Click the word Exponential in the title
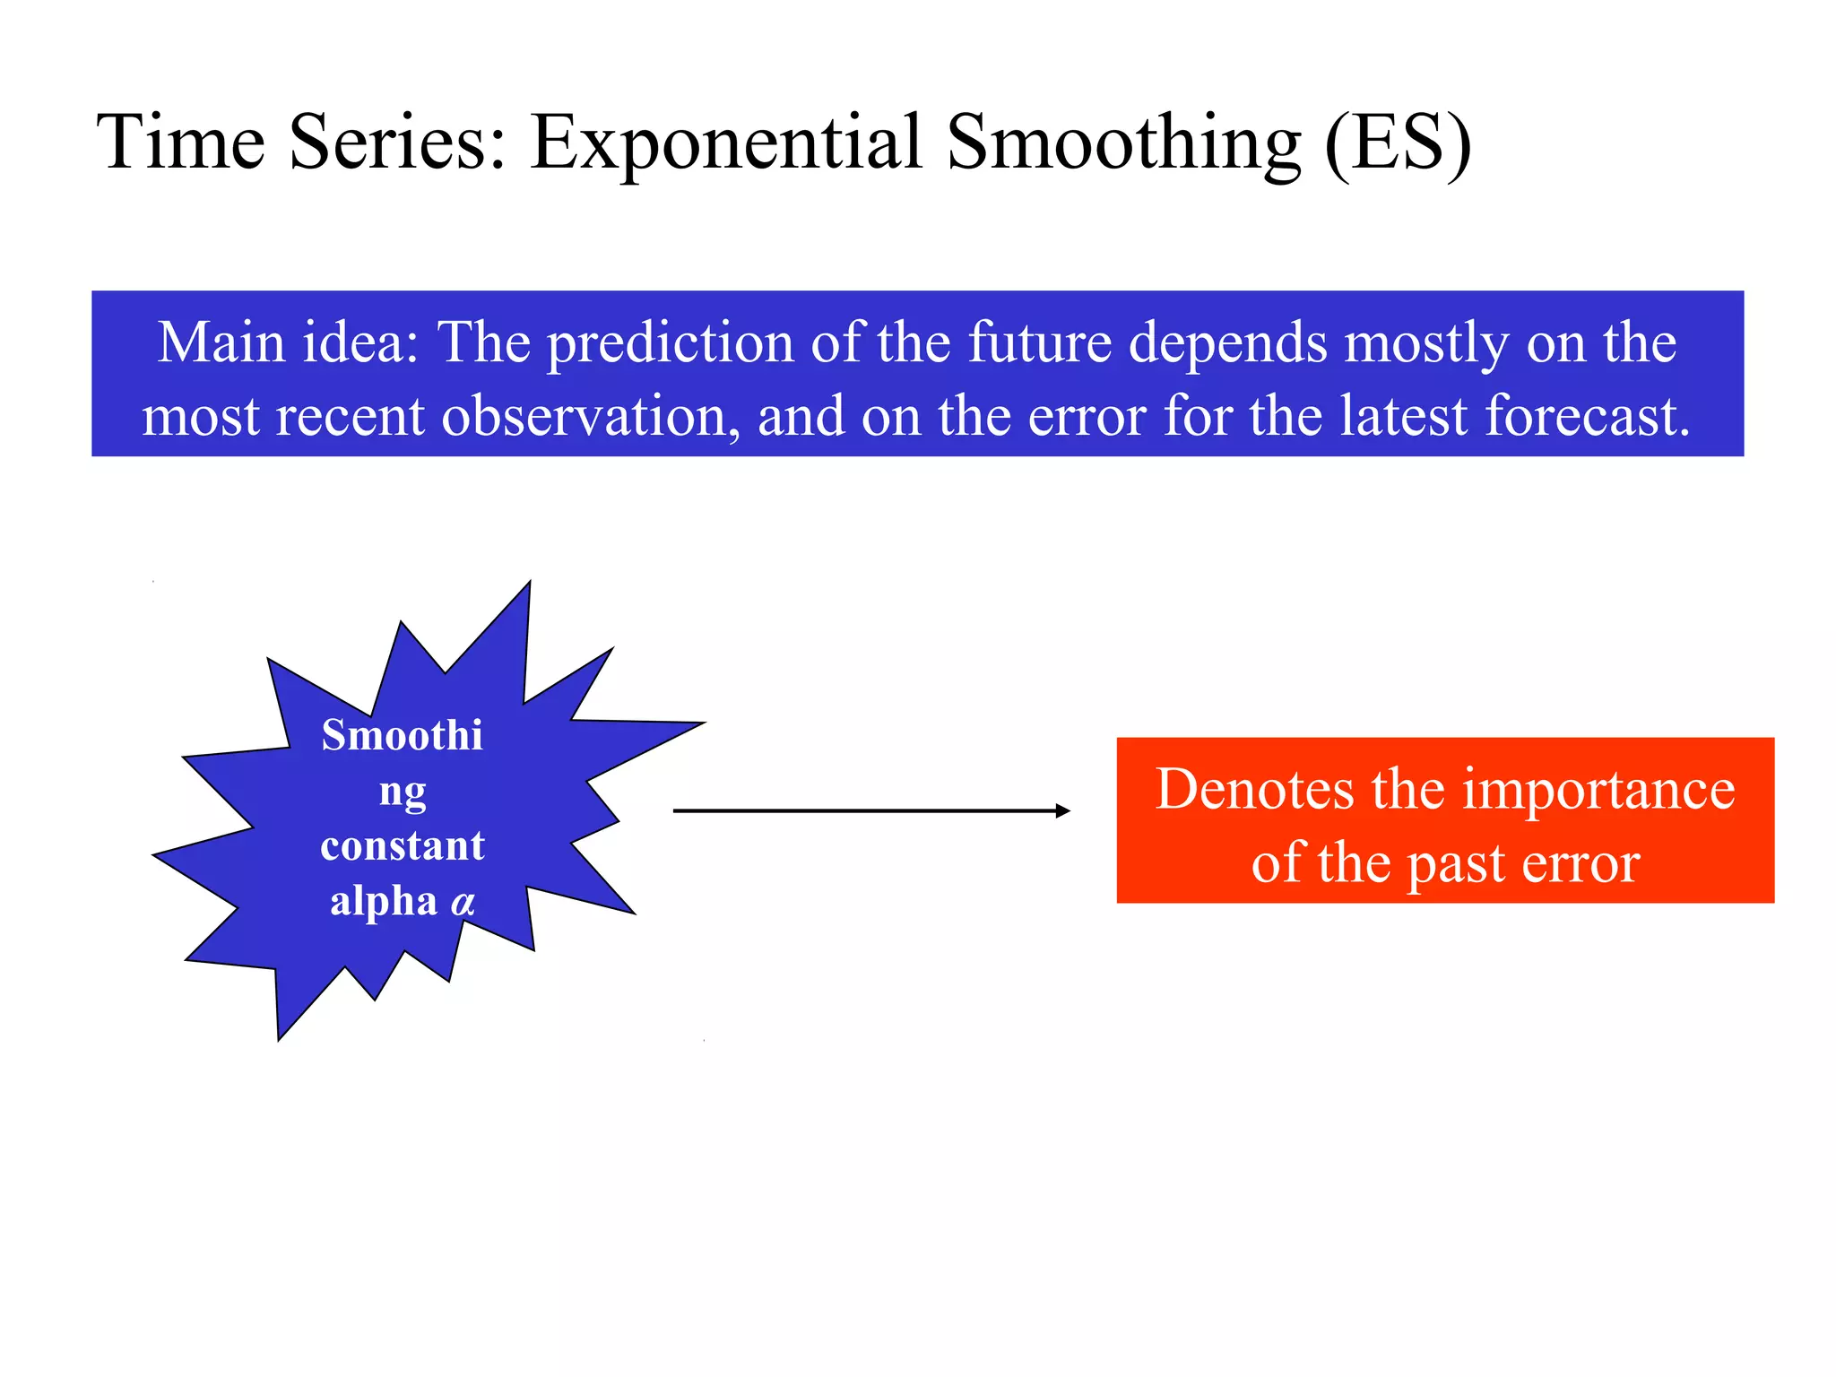click(726, 143)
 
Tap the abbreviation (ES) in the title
click(1398, 143)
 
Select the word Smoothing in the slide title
click(1123, 143)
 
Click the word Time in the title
click(180, 143)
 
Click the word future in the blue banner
click(1040, 342)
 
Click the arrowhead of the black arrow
click(1063, 810)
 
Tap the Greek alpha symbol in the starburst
click(463, 902)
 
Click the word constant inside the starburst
click(403, 846)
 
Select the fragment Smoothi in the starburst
click(402, 736)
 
